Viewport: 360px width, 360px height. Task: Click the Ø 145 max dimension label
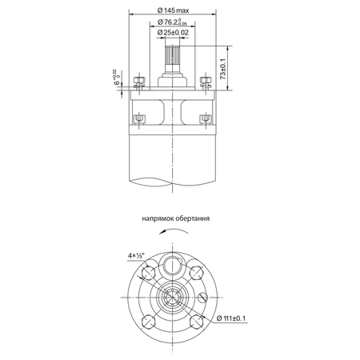(x=173, y=10)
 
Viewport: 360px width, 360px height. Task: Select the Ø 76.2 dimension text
(x=172, y=22)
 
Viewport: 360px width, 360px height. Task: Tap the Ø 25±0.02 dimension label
(x=173, y=33)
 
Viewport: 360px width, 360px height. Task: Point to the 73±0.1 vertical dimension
(x=223, y=69)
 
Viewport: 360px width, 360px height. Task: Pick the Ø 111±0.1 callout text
(x=231, y=318)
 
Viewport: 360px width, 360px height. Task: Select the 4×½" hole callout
(x=136, y=255)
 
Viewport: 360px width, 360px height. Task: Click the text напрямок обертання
(x=176, y=218)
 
